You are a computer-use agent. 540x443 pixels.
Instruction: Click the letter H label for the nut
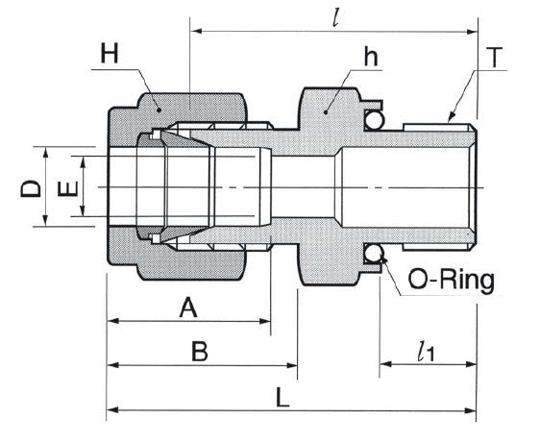pos(110,53)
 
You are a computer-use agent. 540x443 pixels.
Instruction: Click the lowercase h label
pos(371,57)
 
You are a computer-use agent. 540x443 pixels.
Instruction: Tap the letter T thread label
pos(495,58)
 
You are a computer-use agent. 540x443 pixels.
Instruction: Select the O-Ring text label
pos(452,280)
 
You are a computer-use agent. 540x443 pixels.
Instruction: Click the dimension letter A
pos(188,308)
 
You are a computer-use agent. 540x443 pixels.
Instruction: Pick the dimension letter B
pos(200,352)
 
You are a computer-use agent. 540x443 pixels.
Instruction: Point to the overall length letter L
pos(282,397)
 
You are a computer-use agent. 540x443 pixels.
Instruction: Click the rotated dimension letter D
pos(31,188)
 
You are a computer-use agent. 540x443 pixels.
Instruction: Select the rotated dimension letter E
pos(68,188)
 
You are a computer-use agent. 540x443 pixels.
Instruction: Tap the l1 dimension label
pos(426,352)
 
